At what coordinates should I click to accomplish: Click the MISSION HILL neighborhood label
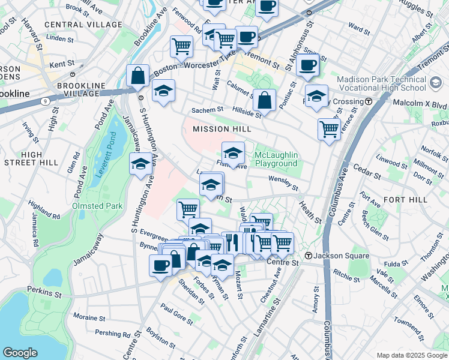click(x=221, y=129)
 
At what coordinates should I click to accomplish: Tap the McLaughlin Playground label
click(x=276, y=159)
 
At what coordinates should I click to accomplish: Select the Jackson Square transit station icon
click(x=309, y=256)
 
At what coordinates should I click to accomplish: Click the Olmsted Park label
click(x=97, y=206)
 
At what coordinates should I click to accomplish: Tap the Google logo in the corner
click(x=20, y=353)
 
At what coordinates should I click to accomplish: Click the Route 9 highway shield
click(x=46, y=101)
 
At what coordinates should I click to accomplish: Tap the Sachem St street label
click(x=207, y=110)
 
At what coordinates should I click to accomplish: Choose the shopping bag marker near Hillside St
click(x=264, y=101)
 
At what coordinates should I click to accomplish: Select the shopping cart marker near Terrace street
click(x=329, y=128)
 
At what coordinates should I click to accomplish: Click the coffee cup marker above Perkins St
click(x=160, y=265)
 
